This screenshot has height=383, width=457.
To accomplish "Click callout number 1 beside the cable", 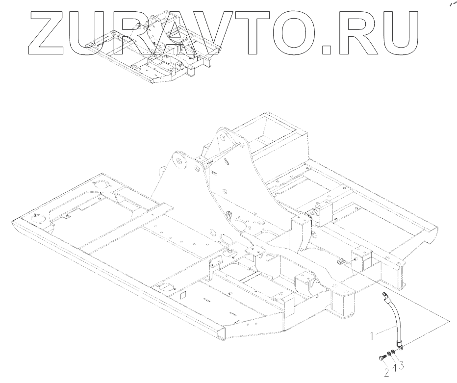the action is click(x=373, y=336).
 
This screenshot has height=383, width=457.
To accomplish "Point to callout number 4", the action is click(x=394, y=368).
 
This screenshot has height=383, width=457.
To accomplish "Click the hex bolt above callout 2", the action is click(x=381, y=360).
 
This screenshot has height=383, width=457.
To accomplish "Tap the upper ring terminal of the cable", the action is click(x=384, y=295).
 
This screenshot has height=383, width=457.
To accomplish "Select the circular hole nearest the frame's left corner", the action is click(x=36, y=217).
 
